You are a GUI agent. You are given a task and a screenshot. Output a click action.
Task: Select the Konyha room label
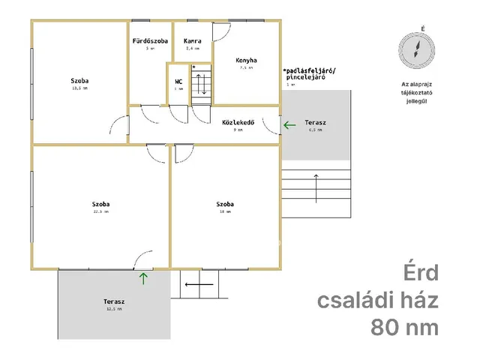pos(247,60)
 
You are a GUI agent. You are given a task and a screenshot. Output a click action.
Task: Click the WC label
pos(178,81)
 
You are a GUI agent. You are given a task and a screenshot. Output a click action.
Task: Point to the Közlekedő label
pos(238,121)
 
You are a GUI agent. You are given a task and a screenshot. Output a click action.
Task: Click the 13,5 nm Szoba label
pos(80,80)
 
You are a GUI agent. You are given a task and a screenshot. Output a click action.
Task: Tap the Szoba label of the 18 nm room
pos(225,204)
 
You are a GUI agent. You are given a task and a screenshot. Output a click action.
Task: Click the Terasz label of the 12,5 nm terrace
pos(114,301)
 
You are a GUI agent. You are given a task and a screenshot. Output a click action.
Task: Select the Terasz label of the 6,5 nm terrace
pos(315,121)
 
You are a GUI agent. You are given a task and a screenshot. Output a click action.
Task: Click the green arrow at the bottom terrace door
pos(142,279)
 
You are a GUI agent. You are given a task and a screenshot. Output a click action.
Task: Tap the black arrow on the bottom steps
pos(196,285)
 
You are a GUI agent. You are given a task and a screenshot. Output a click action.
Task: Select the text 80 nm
pos(403,327)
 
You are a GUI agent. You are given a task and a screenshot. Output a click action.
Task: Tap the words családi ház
pos(378,300)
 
